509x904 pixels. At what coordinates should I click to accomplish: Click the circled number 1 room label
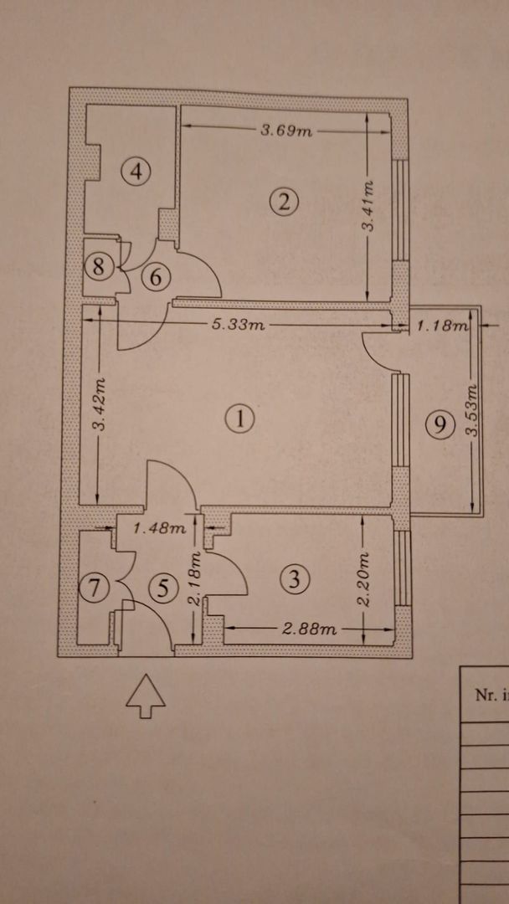(240, 419)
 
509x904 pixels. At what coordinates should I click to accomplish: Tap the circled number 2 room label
(285, 201)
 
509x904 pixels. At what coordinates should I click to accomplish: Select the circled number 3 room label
(294, 578)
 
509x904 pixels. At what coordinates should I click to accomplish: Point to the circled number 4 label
(136, 172)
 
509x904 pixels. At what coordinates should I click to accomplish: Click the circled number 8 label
(100, 267)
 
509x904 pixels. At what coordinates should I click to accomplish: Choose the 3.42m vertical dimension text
(99, 405)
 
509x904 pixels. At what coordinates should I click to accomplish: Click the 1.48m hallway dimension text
(159, 528)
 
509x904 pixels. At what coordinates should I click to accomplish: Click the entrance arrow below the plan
(145, 696)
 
